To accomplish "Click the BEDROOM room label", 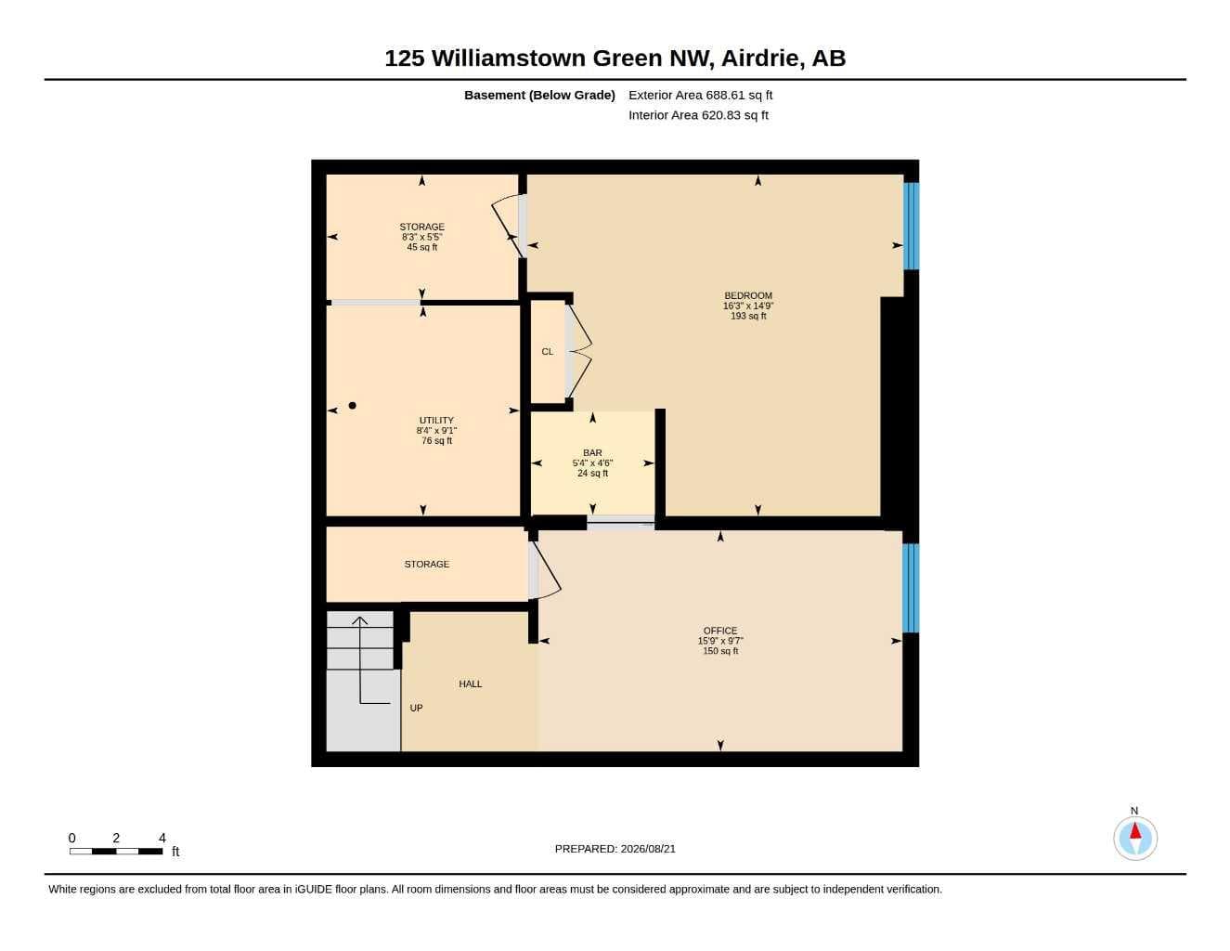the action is [x=747, y=295].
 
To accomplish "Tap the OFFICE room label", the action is [x=720, y=631].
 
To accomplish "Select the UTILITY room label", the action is [x=436, y=421].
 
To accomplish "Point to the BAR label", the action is [x=592, y=453].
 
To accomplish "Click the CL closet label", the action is [x=548, y=352].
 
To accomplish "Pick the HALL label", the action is [x=471, y=684].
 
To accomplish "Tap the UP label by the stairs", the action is [x=416, y=709].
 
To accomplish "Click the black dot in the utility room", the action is [x=352, y=405].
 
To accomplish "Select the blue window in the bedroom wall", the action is [x=911, y=226].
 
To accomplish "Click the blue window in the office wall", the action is [x=910, y=588].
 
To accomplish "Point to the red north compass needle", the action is [x=1135, y=830].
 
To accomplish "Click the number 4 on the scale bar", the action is [x=162, y=838].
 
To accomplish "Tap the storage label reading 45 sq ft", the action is [x=421, y=247].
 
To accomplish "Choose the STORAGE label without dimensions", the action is [x=427, y=565].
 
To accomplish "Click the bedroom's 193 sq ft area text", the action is [x=747, y=316].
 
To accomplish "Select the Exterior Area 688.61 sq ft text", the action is [x=700, y=95].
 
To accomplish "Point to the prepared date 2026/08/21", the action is [x=648, y=849].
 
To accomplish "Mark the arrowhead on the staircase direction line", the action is [x=360, y=620].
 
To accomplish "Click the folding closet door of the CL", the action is [x=578, y=351].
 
